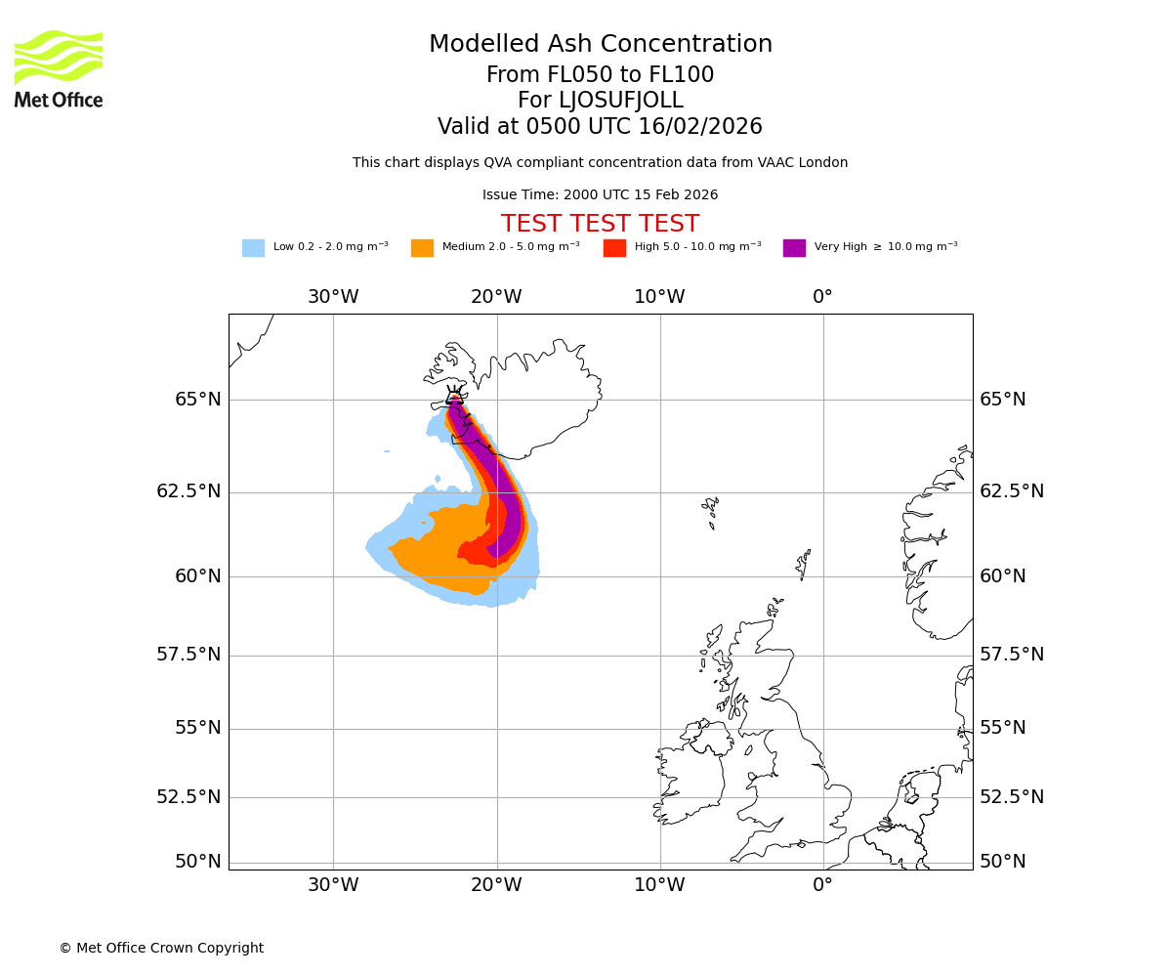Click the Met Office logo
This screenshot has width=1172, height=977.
point(59,68)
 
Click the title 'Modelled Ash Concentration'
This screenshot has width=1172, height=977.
point(601,45)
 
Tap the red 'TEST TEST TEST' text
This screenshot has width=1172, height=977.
point(600,224)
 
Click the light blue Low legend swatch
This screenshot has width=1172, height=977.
point(253,248)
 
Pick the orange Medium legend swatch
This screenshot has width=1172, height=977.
point(422,248)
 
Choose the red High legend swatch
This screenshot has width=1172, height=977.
point(614,248)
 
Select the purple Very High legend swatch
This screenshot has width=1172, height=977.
point(794,248)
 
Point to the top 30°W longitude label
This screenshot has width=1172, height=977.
point(333,297)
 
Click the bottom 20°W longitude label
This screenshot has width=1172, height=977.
point(496,885)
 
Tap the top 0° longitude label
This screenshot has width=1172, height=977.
point(822,297)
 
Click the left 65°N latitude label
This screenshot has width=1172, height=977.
point(197,400)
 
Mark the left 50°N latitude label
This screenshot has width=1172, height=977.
point(197,862)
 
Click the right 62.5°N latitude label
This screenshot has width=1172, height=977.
point(1012,491)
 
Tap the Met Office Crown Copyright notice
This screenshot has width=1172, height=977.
point(161,948)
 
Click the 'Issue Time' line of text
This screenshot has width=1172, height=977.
point(600,195)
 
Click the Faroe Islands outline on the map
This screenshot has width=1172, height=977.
point(711,510)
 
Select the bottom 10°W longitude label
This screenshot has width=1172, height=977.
point(659,885)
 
